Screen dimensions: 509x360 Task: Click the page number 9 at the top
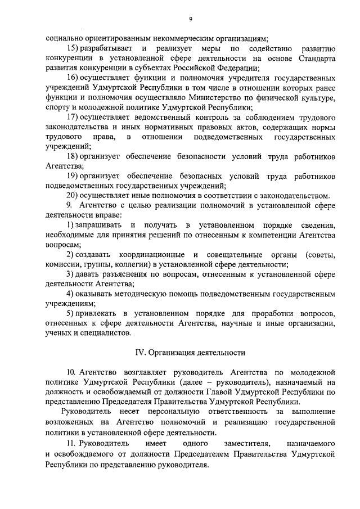click(191, 19)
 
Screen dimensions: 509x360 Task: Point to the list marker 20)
click(73, 195)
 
